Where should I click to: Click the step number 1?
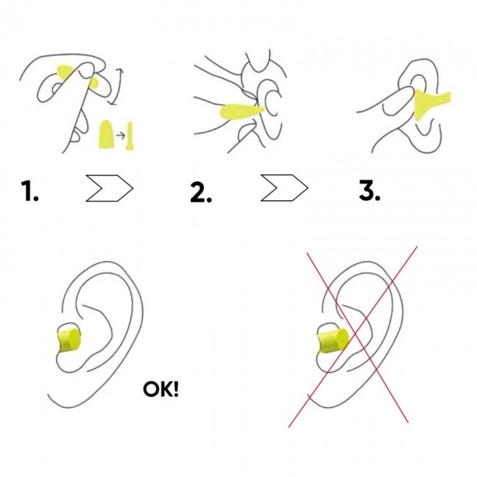[30, 191]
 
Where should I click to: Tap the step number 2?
[201, 192]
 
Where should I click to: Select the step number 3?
[370, 190]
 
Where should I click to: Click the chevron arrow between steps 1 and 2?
[109, 188]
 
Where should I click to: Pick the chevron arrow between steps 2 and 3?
[285, 188]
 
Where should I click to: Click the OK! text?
[161, 389]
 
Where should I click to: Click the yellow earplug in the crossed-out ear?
[333, 340]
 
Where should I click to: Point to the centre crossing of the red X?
[354, 334]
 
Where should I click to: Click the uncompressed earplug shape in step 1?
[106, 134]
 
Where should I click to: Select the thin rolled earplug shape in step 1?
[130, 136]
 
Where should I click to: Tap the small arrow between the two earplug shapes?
[121, 135]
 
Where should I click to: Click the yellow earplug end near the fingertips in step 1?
[94, 82]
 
